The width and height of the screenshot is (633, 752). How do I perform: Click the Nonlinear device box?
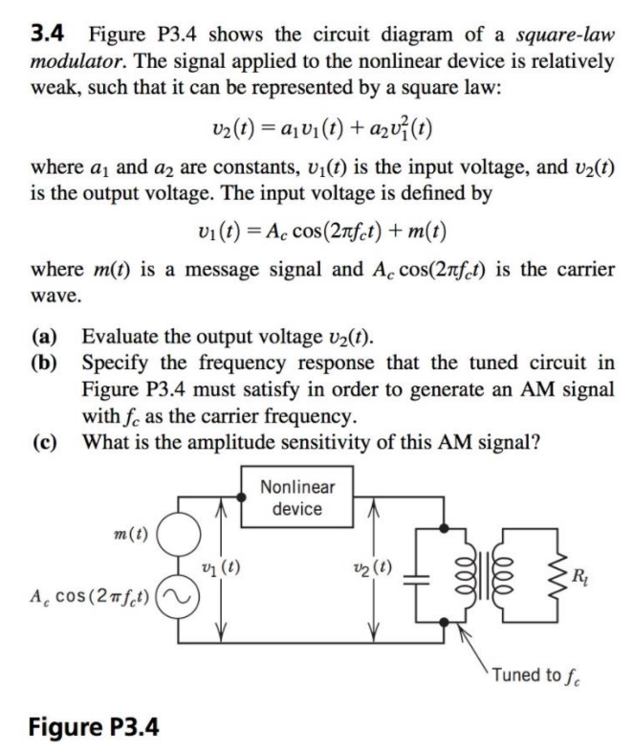click(x=296, y=498)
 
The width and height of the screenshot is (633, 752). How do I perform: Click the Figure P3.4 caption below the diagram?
click(x=93, y=725)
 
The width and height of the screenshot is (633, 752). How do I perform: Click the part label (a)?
click(x=46, y=339)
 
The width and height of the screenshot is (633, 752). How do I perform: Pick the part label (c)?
click(x=46, y=444)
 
